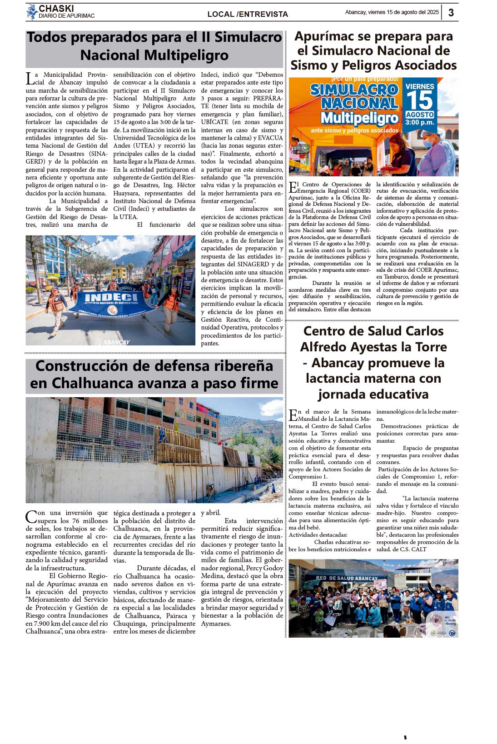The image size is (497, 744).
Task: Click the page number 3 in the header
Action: tap(451, 13)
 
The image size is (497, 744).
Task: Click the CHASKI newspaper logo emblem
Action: tap(32, 12)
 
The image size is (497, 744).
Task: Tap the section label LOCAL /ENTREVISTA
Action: tap(248, 15)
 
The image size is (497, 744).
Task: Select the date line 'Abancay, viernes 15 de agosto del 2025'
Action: tap(392, 13)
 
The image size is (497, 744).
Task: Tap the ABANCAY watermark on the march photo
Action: tap(116, 342)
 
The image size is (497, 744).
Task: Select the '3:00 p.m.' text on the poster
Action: tap(419, 123)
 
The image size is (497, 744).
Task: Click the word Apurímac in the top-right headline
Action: tap(326, 36)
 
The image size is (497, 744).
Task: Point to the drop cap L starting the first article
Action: tap(30, 78)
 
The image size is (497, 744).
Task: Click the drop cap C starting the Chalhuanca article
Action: tap(30, 517)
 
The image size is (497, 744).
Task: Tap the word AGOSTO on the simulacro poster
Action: tap(419, 115)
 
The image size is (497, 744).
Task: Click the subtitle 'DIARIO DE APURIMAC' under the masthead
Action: tap(66, 16)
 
